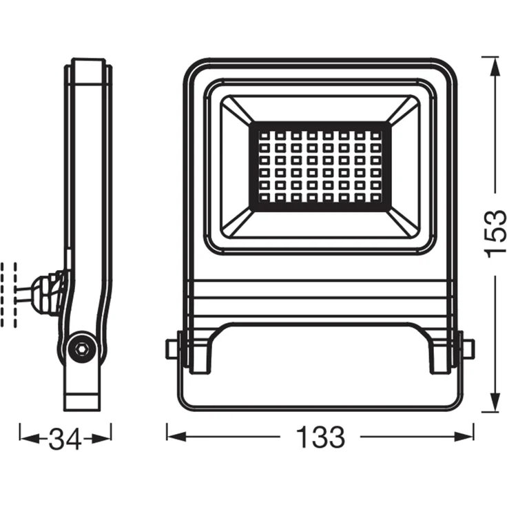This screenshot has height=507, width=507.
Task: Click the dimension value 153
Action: [x=495, y=234]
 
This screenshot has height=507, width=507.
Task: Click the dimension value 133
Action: [x=320, y=437]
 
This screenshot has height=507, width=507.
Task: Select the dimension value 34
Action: [x=65, y=437]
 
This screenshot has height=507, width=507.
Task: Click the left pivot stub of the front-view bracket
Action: [x=173, y=348]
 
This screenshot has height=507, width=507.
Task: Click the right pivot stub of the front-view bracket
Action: [x=468, y=348]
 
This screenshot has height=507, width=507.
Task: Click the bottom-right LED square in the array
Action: [x=375, y=198]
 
